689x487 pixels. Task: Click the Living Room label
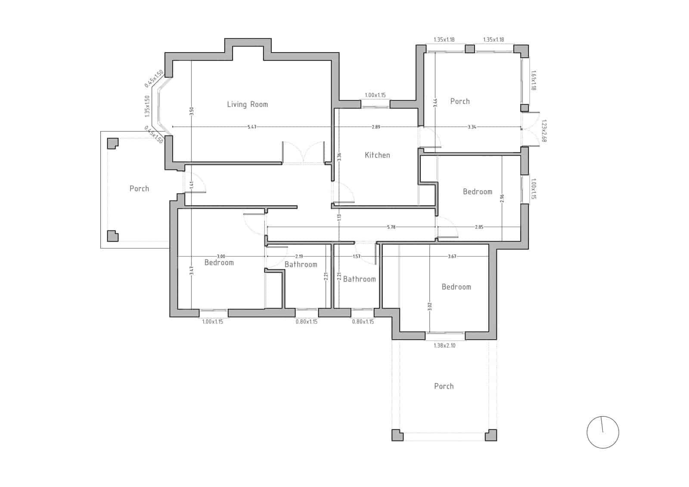point(247,104)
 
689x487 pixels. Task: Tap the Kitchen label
point(377,155)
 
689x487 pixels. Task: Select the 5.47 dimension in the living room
point(252,127)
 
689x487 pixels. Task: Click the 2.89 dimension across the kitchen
point(376,127)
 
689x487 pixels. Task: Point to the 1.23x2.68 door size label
point(543,131)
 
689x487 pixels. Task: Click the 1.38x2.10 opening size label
point(444,345)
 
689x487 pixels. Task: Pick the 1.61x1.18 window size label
point(534,80)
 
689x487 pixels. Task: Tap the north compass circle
point(602,432)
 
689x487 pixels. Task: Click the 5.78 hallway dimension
point(391,227)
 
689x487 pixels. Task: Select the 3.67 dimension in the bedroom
point(452,256)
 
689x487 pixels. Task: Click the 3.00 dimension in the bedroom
point(221,256)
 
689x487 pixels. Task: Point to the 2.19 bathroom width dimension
point(299,256)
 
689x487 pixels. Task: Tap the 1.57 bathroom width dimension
point(357,256)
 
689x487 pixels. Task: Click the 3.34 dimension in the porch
point(472,127)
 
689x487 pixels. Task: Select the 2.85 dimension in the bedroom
point(479,227)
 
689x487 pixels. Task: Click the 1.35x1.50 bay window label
point(147,106)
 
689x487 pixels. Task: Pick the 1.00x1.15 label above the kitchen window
point(375,95)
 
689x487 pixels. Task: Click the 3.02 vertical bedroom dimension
point(430,306)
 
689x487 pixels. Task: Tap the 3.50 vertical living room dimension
point(191,111)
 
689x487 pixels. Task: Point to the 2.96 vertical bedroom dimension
point(502,198)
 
